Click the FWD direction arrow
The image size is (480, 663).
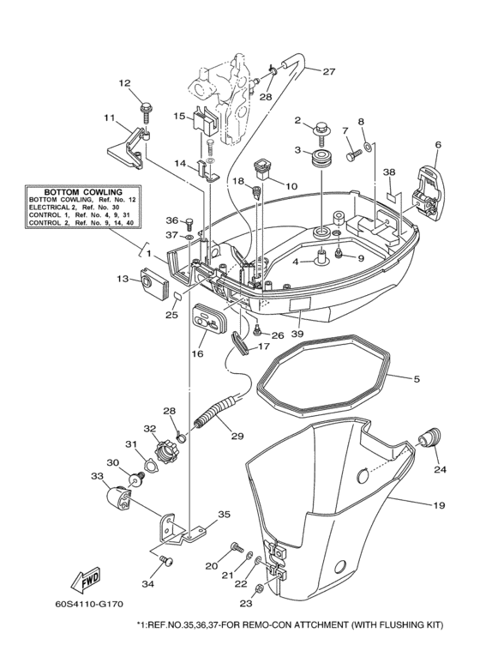86,584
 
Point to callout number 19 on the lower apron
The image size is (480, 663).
438,506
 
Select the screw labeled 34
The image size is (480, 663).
168,561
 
